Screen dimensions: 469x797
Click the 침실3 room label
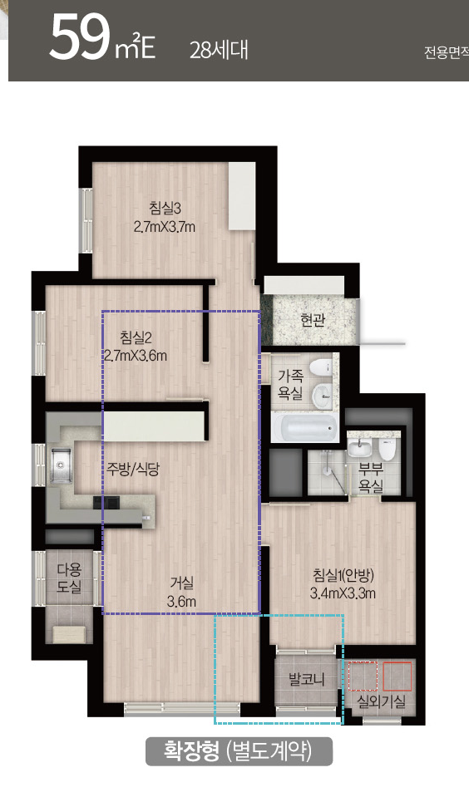click(165, 208)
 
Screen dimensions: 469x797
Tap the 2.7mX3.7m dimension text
click(165, 227)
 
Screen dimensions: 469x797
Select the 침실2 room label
click(136, 337)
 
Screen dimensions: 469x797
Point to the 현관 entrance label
click(313, 320)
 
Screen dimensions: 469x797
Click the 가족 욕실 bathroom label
click(290, 384)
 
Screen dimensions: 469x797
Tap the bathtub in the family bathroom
click(304, 427)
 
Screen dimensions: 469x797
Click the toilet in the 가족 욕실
click(320, 368)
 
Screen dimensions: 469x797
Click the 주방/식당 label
click(133, 470)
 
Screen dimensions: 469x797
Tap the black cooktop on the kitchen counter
click(106, 502)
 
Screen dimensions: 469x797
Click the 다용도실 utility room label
click(69, 578)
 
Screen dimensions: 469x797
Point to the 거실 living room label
click(181, 583)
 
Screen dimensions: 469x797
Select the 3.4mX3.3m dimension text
click(343, 593)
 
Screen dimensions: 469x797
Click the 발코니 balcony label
click(306, 679)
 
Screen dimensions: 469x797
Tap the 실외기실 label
click(382, 702)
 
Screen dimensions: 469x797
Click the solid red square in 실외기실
click(397, 676)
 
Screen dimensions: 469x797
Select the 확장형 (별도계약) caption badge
click(239, 750)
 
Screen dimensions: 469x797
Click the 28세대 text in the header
click(219, 51)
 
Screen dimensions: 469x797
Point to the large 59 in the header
click(80, 38)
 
